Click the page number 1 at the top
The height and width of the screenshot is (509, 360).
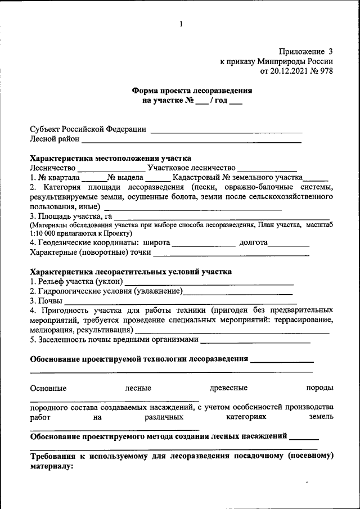tap(181, 24)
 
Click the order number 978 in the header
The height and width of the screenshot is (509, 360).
tap(326, 72)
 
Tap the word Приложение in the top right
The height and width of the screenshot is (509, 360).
tap(301, 52)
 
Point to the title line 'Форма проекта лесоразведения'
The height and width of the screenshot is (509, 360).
tap(192, 90)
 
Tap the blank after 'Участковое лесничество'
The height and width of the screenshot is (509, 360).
tap(267, 169)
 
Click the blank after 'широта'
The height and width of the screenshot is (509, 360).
tap(203, 245)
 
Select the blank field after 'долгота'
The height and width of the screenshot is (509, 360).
tap(288, 245)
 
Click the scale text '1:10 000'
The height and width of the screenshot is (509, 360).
tap(46, 233)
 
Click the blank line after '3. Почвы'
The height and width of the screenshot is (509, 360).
tap(180, 303)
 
